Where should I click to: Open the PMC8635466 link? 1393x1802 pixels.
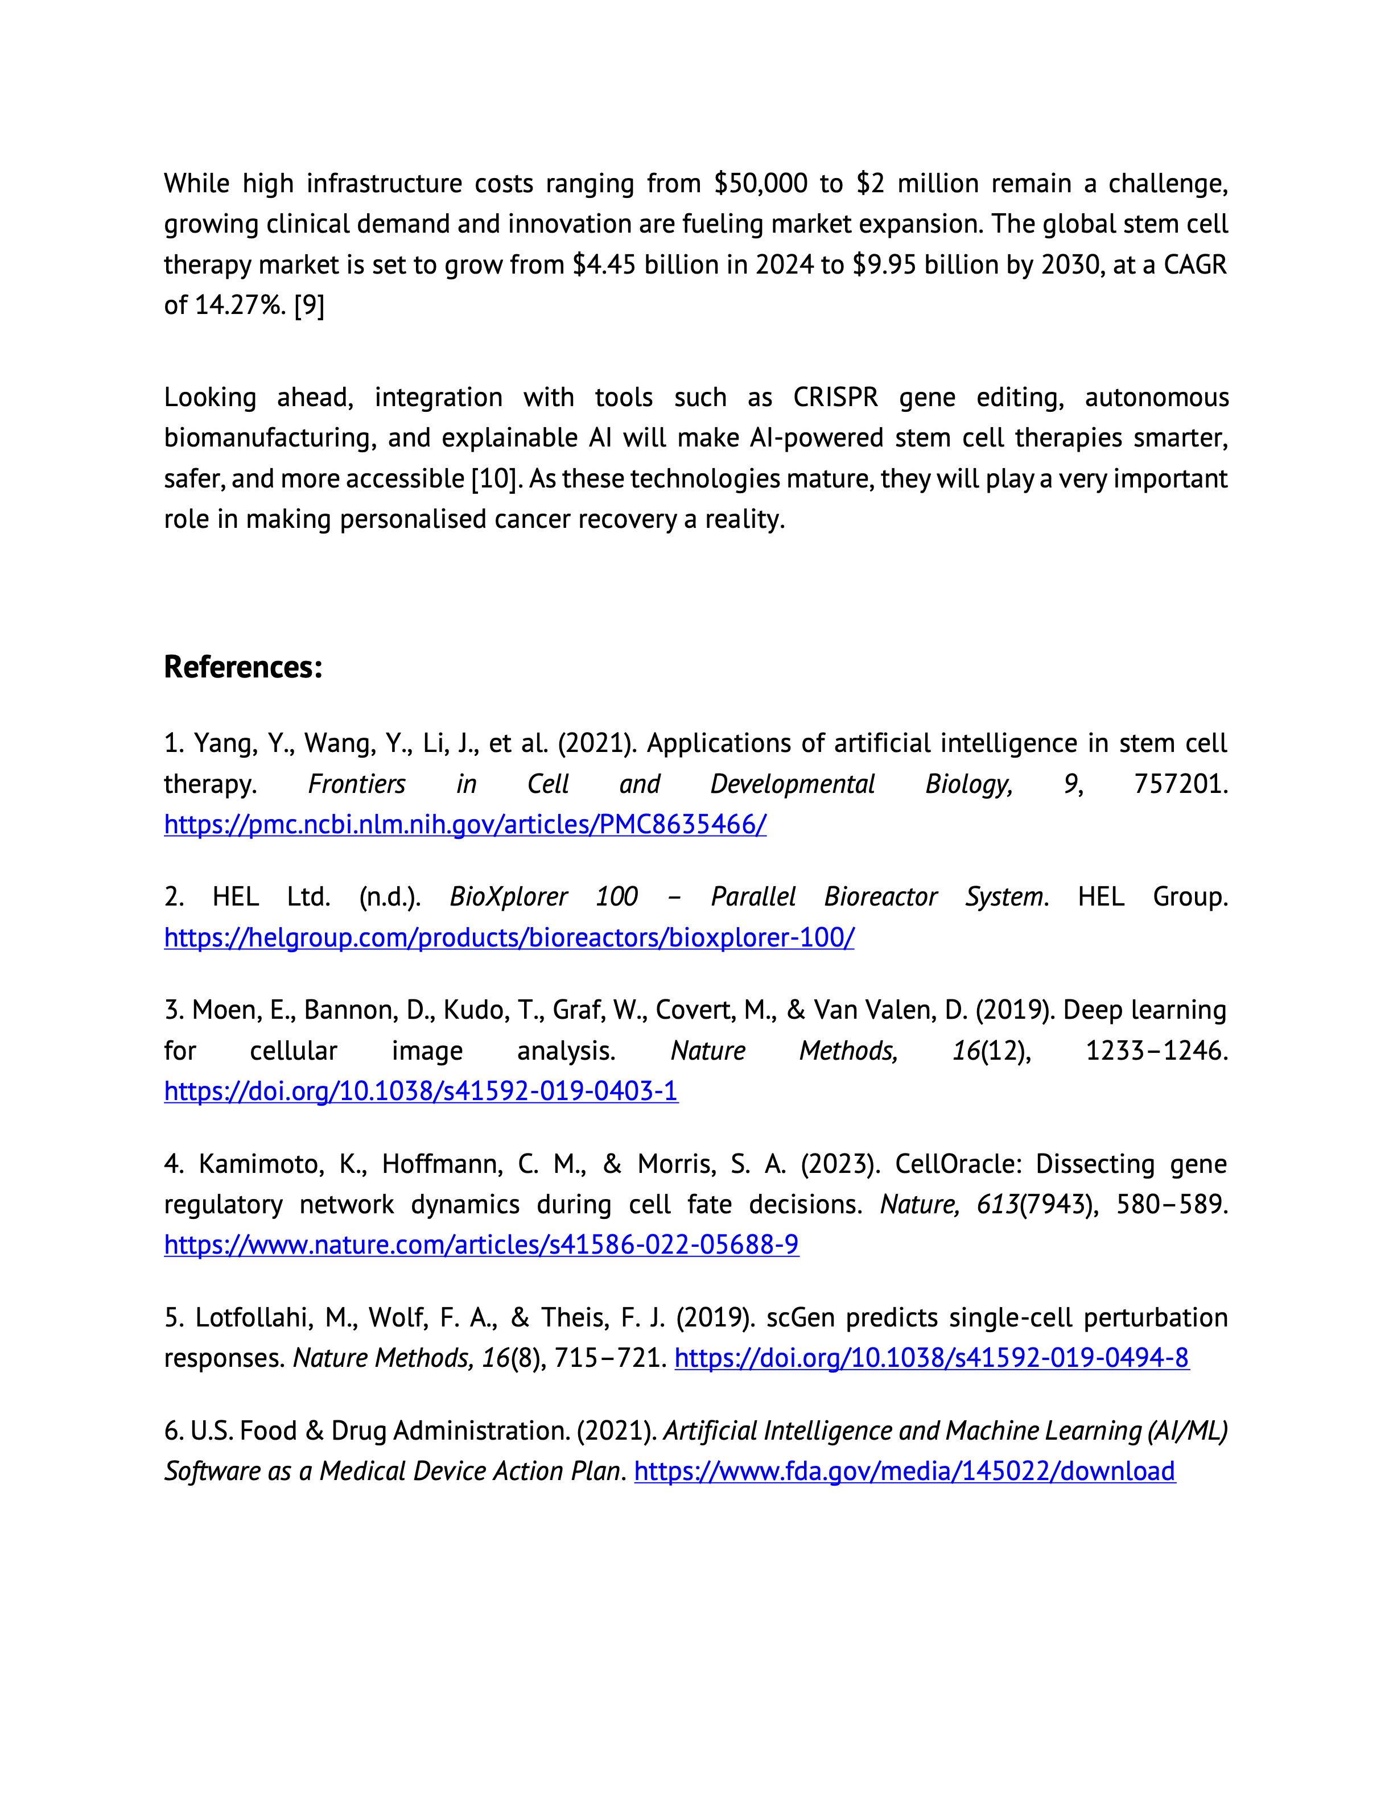point(464,824)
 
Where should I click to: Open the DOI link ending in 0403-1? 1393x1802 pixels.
point(421,1091)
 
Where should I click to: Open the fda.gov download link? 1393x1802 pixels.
point(904,1470)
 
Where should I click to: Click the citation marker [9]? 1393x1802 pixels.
point(310,305)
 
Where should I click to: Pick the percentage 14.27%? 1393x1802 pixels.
point(240,305)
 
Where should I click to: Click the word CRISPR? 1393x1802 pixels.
point(835,397)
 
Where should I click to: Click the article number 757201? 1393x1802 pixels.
point(1180,784)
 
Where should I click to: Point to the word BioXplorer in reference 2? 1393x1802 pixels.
point(508,897)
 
